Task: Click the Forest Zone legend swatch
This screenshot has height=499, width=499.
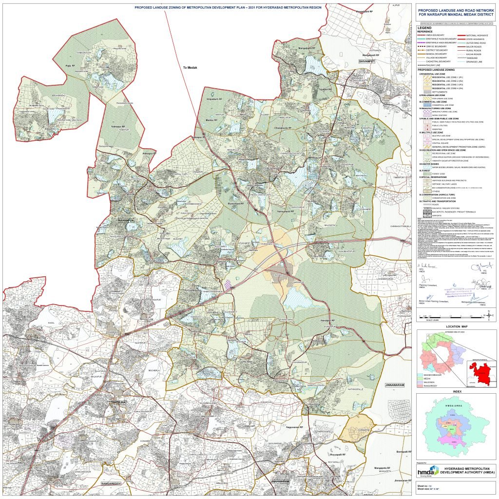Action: pyautogui.click(x=422, y=173)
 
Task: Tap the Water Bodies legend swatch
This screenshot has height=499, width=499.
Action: pyautogui.click(x=422, y=167)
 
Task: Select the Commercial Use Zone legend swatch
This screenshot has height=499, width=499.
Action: pyautogui.click(x=422, y=105)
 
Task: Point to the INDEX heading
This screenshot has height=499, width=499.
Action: pyautogui.click(x=456, y=391)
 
